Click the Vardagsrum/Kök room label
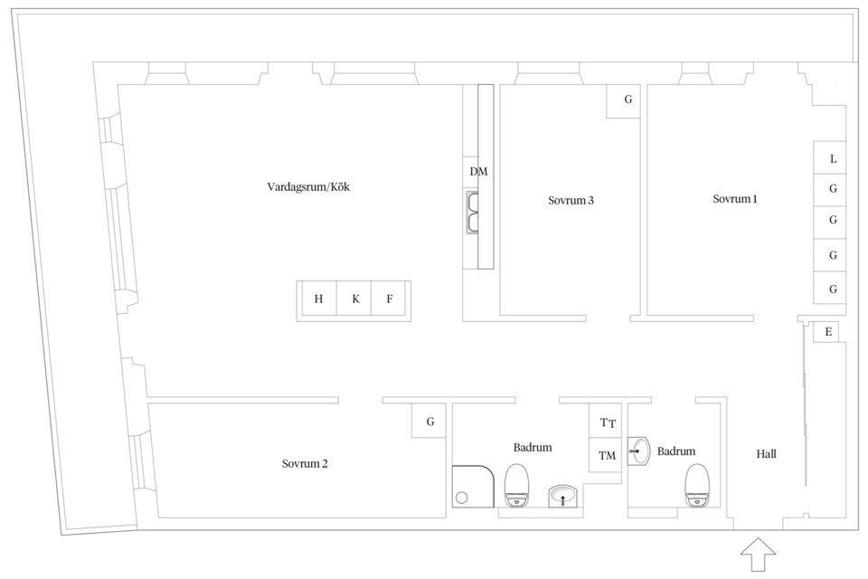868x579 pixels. coord(308,186)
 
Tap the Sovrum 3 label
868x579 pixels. coord(571,200)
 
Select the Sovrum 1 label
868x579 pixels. coord(734,199)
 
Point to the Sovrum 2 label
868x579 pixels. coord(305,464)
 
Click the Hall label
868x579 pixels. coord(766,454)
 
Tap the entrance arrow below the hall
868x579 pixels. coord(759,554)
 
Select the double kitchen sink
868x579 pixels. coord(472,213)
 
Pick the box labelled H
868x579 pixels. coord(318,299)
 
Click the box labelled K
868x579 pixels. coord(354,299)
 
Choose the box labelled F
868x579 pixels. coord(389,299)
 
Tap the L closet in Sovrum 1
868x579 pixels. coord(829,158)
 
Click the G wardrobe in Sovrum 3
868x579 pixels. coord(623,100)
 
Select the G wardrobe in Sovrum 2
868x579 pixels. coord(429,421)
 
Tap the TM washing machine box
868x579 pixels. coord(605,455)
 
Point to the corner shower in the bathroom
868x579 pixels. coord(473,486)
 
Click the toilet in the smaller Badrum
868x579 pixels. coord(697,485)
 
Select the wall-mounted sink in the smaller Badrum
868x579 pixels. coord(639,451)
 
